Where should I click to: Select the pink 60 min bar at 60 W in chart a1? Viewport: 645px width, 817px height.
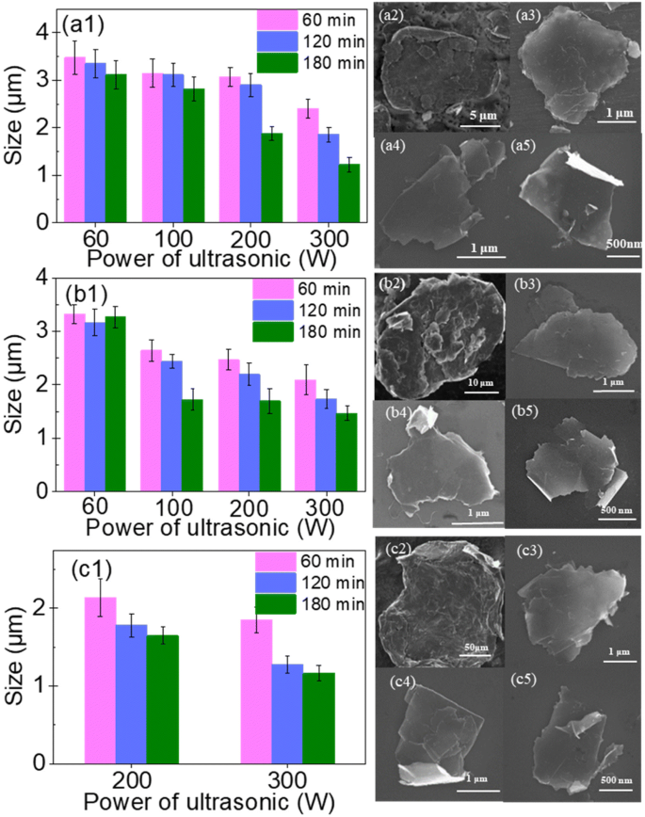(73, 141)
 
